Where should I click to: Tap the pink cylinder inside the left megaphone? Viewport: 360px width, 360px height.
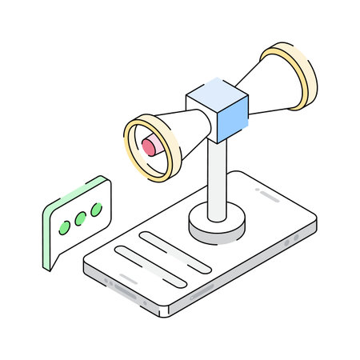click(x=150, y=146)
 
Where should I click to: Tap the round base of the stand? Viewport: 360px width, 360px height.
click(x=216, y=226)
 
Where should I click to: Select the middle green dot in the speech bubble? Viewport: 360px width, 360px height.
click(x=80, y=219)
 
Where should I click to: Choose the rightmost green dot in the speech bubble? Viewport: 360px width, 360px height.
click(x=97, y=210)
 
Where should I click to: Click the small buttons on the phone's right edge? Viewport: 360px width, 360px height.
click(x=298, y=238)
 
